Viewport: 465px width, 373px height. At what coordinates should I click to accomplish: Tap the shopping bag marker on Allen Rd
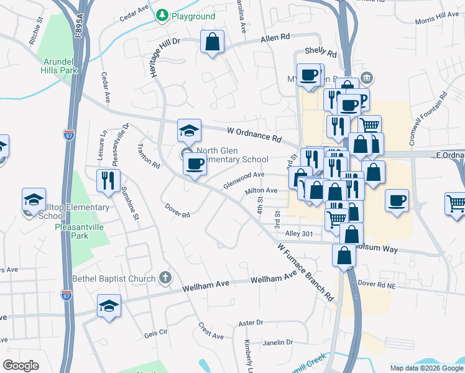coord(212,42)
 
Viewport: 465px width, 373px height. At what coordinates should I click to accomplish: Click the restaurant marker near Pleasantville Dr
coord(109,181)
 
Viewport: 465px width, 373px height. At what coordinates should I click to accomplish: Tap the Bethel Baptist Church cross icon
coord(165,277)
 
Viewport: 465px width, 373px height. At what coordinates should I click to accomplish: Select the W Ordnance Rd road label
coord(255,132)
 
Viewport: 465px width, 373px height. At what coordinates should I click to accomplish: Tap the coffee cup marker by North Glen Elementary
coord(195,165)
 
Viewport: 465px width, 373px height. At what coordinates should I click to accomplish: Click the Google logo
coord(21,365)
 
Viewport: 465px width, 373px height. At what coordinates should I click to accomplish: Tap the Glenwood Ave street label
coord(244,179)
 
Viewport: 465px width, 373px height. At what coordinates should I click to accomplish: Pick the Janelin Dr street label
coord(277,342)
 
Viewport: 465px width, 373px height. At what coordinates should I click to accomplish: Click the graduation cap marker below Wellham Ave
coord(109,306)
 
